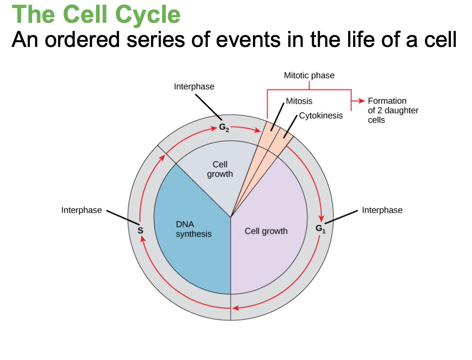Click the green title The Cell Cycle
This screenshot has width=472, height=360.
pyautogui.click(x=97, y=14)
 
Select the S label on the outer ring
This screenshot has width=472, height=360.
pyautogui.click(x=140, y=230)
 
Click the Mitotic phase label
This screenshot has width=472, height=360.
pyautogui.click(x=309, y=75)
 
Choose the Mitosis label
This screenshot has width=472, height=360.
pyautogui.click(x=299, y=101)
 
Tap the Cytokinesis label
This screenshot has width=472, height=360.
pyautogui.click(x=320, y=115)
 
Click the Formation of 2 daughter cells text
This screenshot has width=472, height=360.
pyautogui.click(x=387, y=110)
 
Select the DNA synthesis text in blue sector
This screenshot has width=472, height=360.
pyautogui.click(x=193, y=229)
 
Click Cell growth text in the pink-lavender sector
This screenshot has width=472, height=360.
pyautogui.click(x=266, y=231)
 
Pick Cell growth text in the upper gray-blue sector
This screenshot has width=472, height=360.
pyautogui.click(x=220, y=169)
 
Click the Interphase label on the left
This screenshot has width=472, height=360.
pyautogui.click(x=81, y=210)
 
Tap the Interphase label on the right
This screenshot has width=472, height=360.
pyautogui.click(x=382, y=210)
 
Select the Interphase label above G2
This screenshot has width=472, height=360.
pyautogui.click(x=194, y=87)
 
